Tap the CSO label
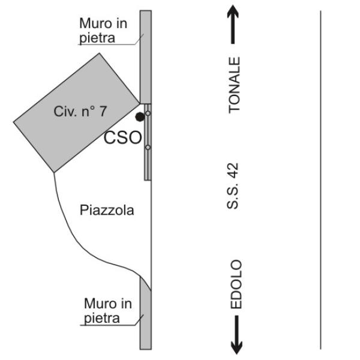click(123, 138)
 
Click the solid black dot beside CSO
click(140, 116)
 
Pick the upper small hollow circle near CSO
click(148, 113)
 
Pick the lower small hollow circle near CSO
click(148, 147)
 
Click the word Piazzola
click(106, 211)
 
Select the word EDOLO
click(236, 284)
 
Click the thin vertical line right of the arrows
click(321, 180)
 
